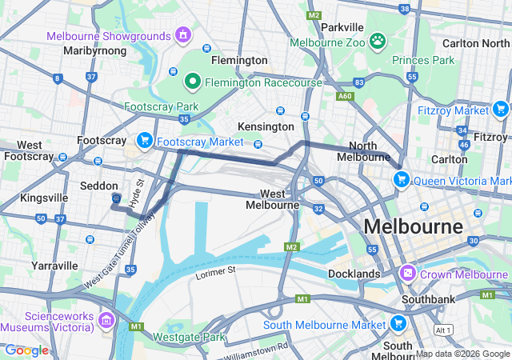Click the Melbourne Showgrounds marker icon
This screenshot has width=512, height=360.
183,36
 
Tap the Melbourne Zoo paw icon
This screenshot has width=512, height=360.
377,40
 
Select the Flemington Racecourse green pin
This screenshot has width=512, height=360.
192,81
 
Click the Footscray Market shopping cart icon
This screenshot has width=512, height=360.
145,141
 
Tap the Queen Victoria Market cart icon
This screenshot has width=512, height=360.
401,179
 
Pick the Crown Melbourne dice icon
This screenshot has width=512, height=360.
408,274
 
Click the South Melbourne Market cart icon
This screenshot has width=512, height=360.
398,323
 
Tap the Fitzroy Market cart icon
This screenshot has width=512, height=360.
500,109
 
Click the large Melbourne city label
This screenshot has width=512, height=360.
413,226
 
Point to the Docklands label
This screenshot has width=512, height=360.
354,274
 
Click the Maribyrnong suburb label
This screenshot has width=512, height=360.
94,50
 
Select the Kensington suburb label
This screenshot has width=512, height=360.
266,126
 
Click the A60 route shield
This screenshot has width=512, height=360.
345,96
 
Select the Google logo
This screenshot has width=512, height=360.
26,350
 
